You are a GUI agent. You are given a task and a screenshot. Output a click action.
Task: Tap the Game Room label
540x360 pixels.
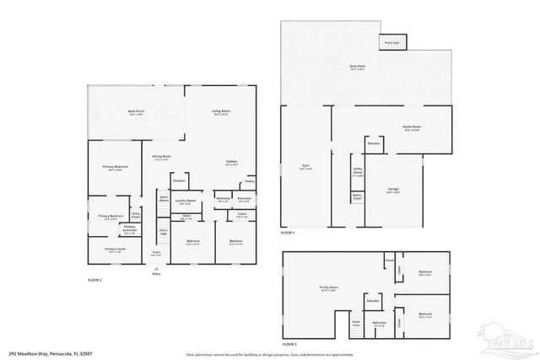(411, 126)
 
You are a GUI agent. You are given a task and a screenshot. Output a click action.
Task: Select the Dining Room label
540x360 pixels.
(161, 156)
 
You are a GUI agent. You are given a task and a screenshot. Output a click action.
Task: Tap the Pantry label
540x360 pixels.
(249, 181)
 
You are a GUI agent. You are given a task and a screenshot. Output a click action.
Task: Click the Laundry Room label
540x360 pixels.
(186, 201)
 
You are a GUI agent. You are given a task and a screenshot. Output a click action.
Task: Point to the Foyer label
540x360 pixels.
(156, 252)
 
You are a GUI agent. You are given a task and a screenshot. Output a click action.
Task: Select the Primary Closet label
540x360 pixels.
(115, 250)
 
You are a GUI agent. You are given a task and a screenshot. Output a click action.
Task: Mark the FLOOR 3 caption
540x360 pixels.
(289, 345)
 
